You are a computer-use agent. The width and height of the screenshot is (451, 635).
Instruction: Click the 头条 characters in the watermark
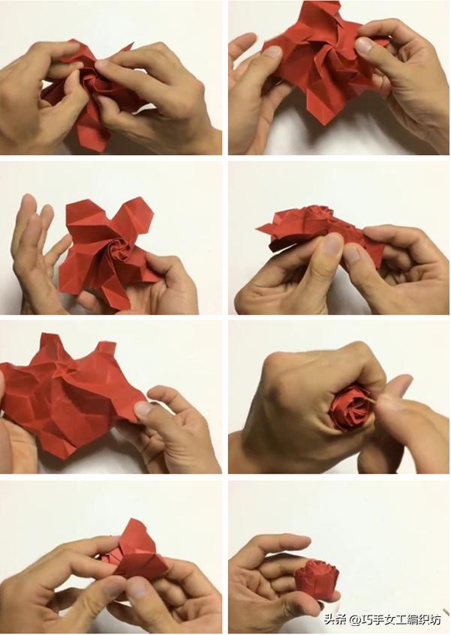click(335, 619)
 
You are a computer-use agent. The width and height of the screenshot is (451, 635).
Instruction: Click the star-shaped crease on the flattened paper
click(63, 370)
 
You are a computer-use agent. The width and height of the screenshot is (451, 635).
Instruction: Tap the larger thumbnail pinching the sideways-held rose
click(332, 244)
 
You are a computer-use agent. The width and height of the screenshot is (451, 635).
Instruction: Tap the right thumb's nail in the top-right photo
click(363, 45)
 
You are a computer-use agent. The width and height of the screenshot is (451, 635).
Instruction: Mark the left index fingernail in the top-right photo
click(273, 52)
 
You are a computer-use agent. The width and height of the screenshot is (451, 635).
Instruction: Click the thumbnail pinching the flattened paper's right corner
click(142, 409)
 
